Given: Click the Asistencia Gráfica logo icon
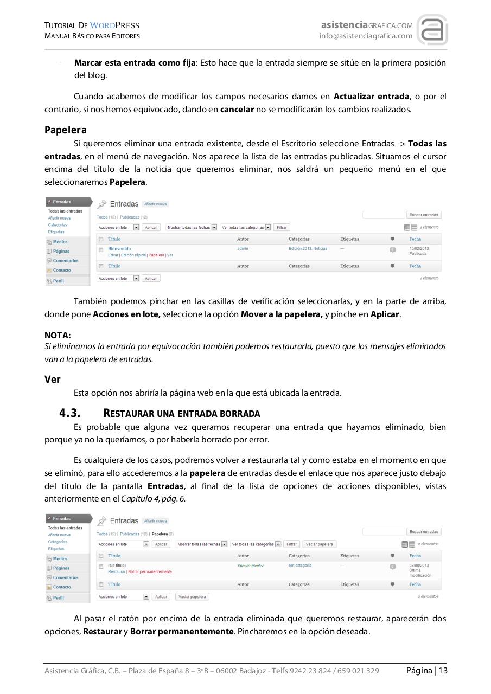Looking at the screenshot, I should pyautogui.click(x=432, y=30).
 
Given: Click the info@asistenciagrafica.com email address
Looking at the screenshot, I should pyautogui.click(x=366, y=36).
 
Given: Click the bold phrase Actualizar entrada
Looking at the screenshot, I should pyautogui.click(x=371, y=97).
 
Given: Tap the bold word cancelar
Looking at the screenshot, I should pyautogui.click(x=237, y=109).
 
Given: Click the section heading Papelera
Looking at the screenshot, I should pyautogui.click(x=65, y=130).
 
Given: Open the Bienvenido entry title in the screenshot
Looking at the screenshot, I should pyautogui.click(x=119, y=249).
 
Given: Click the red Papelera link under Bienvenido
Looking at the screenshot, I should pyautogui.click(x=156, y=255).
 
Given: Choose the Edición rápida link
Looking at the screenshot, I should pyautogui.click(x=133, y=255).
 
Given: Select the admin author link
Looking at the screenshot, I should pyautogui.click(x=243, y=249).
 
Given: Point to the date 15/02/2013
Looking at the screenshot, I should pyautogui.click(x=419, y=248).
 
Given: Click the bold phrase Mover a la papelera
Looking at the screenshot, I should pyautogui.click(x=282, y=314).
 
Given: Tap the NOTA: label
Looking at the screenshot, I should pyautogui.click(x=58, y=336).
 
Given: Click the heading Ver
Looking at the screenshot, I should pyautogui.click(x=52, y=380).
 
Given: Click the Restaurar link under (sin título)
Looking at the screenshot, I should pyautogui.click(x=117, y=571).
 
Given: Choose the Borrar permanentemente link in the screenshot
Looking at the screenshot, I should pyautogui.click(x=150, y=571).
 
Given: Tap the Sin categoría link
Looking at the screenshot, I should pyautogui.click(x=300, y=566).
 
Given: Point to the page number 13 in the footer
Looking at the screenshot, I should pyautogui.click(x=443, y=671).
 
